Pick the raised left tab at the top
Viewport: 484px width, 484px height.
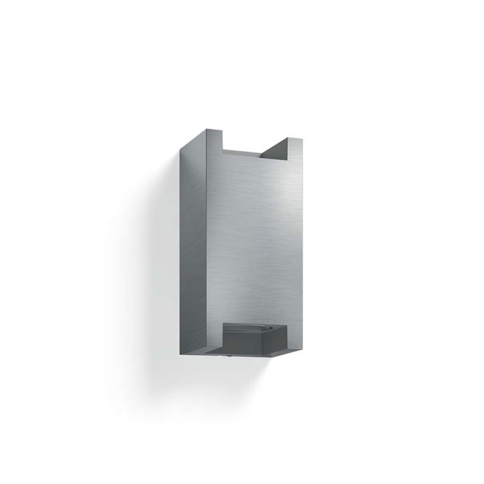[x=215, y=142]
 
